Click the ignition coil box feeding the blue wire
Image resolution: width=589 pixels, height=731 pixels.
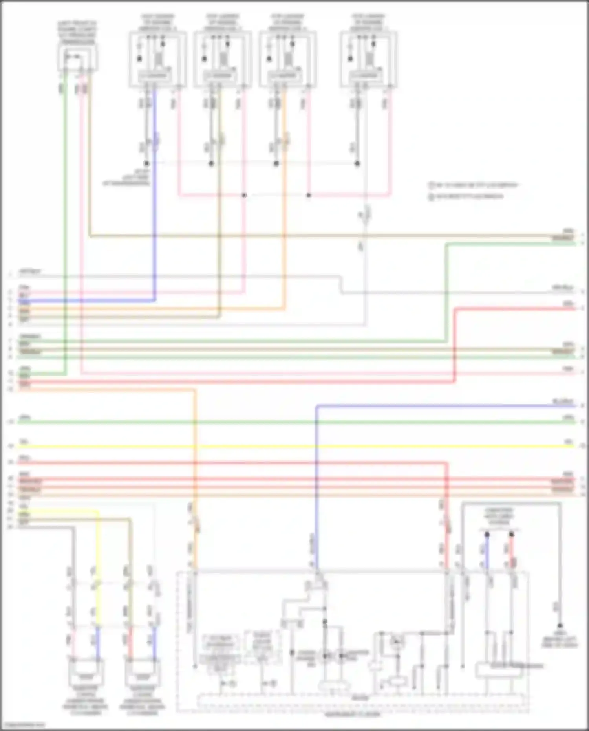(157, 59)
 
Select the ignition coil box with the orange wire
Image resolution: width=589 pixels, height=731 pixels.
(288, 59)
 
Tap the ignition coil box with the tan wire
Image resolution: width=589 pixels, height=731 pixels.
(223, 59)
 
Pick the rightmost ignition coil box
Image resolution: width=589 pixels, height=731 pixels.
(369, 59)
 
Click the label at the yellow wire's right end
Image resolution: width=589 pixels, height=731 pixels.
(569, 442)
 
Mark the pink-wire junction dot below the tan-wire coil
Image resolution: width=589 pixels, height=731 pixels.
(244, 195)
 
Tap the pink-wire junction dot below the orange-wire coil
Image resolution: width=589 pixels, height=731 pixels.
(309, 195)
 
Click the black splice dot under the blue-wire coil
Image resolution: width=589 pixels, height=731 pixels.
(146, 163)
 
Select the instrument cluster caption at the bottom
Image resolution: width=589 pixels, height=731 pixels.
(352, 714)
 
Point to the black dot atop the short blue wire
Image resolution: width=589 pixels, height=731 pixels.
(487, 535)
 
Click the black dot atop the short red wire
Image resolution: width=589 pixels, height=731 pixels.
(511, 535)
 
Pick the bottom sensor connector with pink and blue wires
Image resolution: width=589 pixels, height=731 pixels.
(86, 672)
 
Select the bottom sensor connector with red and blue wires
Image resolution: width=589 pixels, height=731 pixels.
(143, 672)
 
